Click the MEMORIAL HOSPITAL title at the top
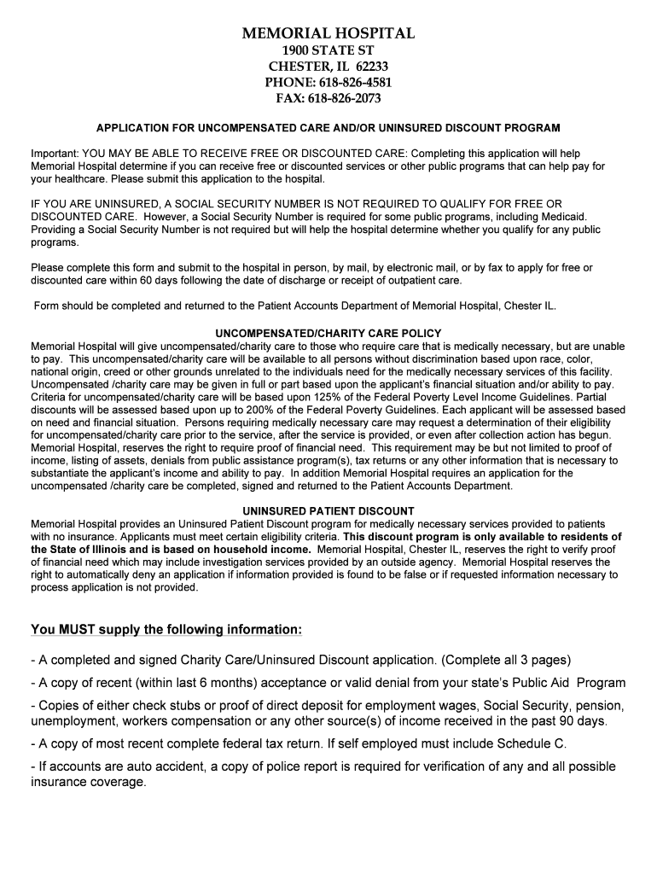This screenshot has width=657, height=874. [328, 34]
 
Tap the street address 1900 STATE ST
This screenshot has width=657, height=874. [328, 51]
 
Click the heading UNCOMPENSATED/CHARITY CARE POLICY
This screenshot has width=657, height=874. [328, 333]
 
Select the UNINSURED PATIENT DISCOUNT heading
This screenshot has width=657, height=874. [328, 511]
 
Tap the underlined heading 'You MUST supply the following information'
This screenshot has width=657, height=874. [166, 630]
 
